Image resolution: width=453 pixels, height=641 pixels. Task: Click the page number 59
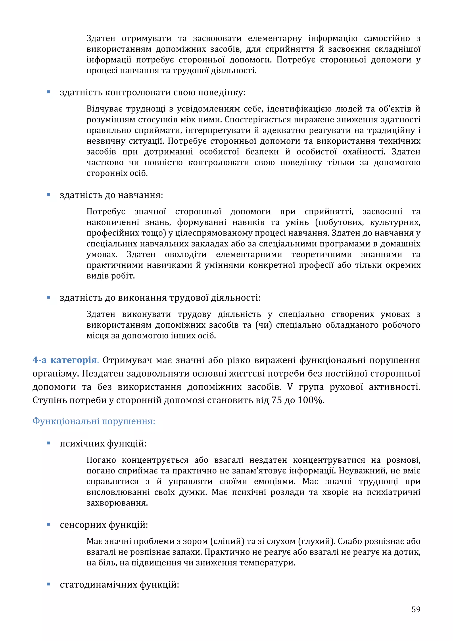click(416, 609)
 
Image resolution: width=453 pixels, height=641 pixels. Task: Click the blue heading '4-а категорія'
click(65, 360)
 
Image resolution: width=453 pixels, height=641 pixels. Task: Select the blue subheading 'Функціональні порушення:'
click(94, 421)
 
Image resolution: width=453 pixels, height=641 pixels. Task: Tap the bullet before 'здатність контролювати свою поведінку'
click(48, 92)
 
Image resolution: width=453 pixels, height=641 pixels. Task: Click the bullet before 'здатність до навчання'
click(48, 195)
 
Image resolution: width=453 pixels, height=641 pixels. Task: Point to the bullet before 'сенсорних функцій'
click(48, 524)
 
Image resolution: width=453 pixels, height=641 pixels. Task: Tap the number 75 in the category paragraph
click(277, 400)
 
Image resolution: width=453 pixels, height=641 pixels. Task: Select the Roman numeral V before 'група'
click(290, 387)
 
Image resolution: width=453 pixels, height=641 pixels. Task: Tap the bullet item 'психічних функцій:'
click(103, 443)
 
